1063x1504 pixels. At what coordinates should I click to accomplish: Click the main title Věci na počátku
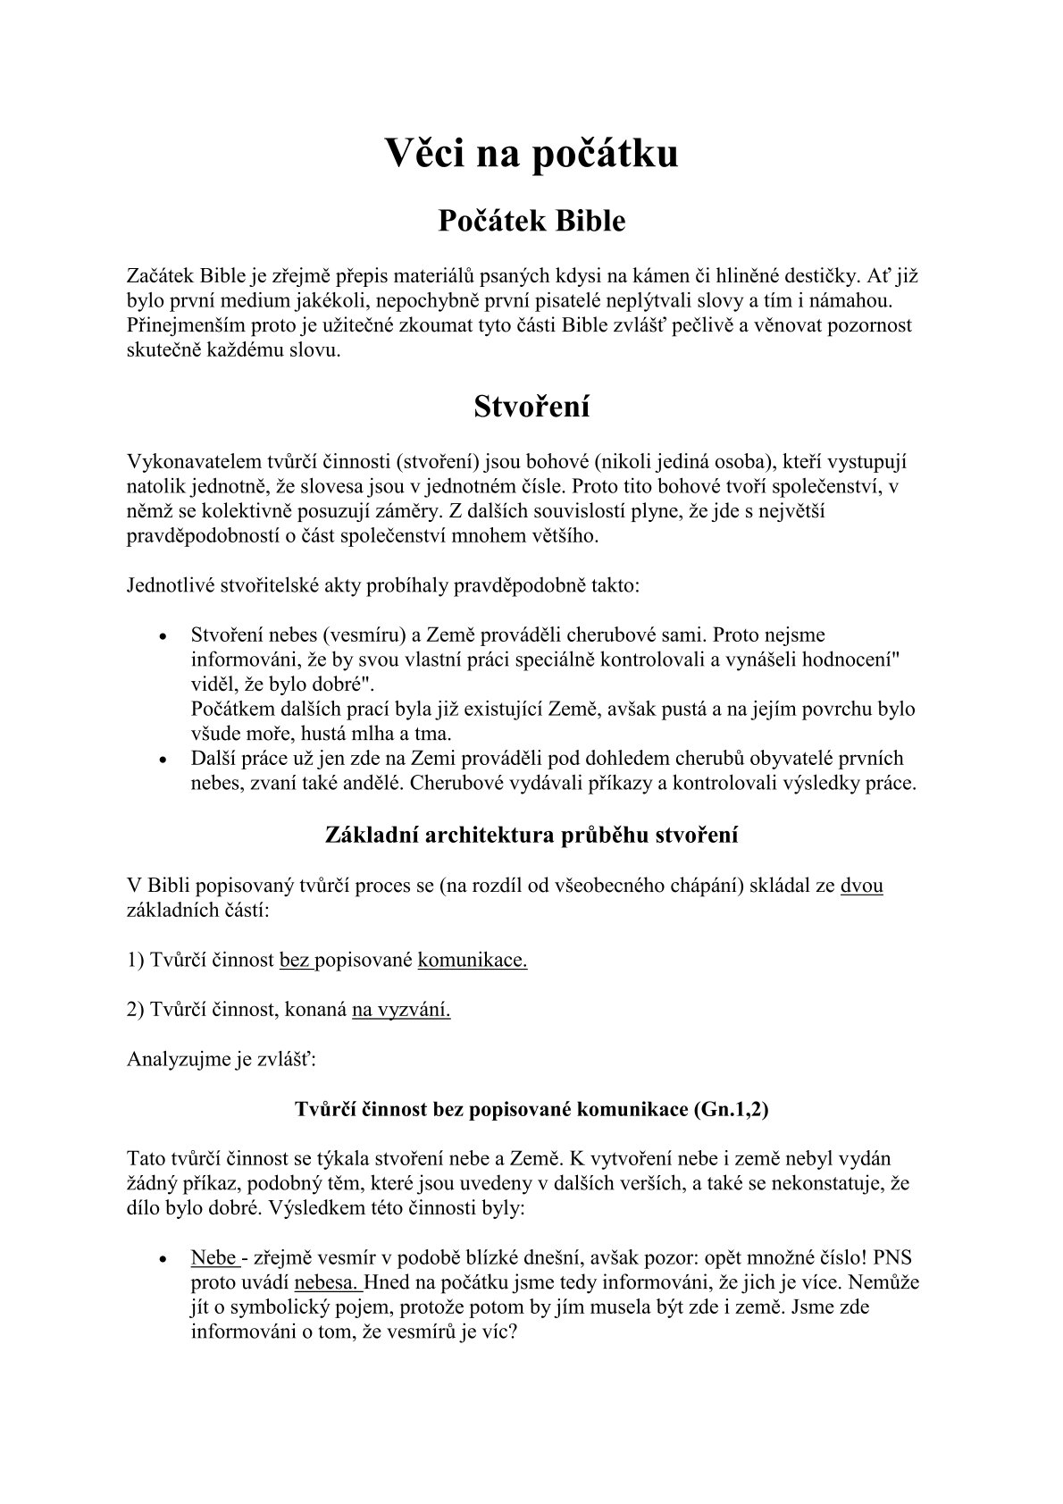click(x=531, y=153)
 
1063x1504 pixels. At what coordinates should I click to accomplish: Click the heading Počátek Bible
click(x=531, y=221)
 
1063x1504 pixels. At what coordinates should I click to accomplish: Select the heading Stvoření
click(x=531, y=407)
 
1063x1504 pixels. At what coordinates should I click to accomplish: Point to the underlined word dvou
click(x=862, y=886)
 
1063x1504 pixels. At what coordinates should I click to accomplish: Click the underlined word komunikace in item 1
click(x=473, y=961)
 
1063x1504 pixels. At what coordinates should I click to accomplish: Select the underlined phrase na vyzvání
click(x=401, y=1010)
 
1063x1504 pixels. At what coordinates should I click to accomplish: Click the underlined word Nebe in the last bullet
click(x=213, y=1257)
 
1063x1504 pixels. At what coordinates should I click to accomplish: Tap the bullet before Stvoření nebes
click(x=163, y=637)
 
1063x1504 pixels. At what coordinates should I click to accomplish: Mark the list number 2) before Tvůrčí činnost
click(x=136, y=1010)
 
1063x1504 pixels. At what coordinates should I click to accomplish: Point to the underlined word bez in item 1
click(x=295, y=961)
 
